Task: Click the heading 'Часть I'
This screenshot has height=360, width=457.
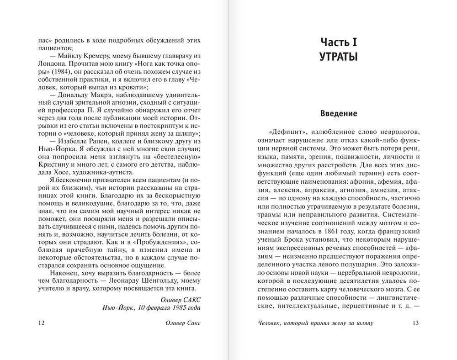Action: [x=338, y=42]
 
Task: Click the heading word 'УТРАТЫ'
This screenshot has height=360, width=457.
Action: [x=338, y=57]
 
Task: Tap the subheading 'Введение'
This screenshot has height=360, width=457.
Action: [x=338, y=113]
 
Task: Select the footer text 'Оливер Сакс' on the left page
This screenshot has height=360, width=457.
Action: [x=183, y=323]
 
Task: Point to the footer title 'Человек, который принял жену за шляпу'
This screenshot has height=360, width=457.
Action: [x=316, y=323]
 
